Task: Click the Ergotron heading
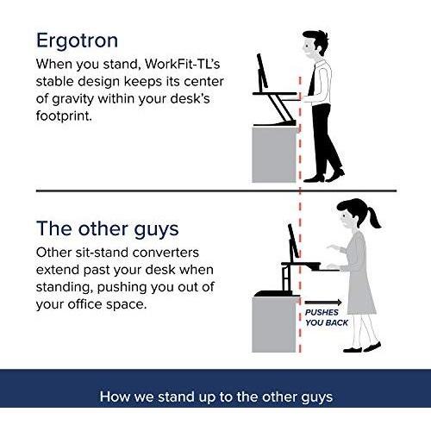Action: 77,41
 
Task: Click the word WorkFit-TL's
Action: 183,64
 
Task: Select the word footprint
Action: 64,116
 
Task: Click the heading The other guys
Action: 108,229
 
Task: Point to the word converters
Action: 166,253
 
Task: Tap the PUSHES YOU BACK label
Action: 327,317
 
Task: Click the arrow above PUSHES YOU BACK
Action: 323,303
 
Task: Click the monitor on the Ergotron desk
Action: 262,71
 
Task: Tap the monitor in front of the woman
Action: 293,240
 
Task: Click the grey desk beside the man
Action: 274,154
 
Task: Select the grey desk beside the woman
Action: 274,324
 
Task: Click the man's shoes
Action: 324,177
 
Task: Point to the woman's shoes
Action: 362,347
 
